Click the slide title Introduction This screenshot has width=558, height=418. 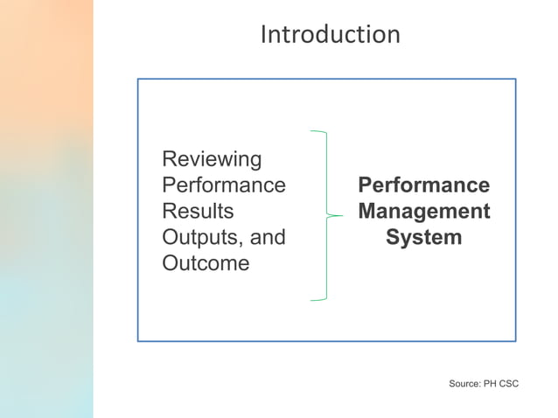(x=330, y=34)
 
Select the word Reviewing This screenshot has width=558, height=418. (x=213, y=160)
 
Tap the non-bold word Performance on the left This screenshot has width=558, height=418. (x=224, y=185)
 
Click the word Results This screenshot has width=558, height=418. (x=199, y=212)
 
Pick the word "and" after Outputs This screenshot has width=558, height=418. (x=267, y=238)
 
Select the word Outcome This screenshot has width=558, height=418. (x=206, y=263)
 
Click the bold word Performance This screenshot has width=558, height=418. (x=423, y=185)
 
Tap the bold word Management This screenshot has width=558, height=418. (x=423, y=212)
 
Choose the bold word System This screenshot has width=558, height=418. (x=423, y=238)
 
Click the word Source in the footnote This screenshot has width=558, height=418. (x=464, y=384)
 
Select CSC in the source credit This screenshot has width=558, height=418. (x=509, y=384)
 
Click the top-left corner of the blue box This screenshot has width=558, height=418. (x=137, y=80)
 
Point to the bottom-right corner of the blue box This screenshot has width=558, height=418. (x=515, y=340)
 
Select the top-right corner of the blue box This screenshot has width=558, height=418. (x=515, y=80)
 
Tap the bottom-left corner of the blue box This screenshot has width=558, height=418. (x=137, y=340)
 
